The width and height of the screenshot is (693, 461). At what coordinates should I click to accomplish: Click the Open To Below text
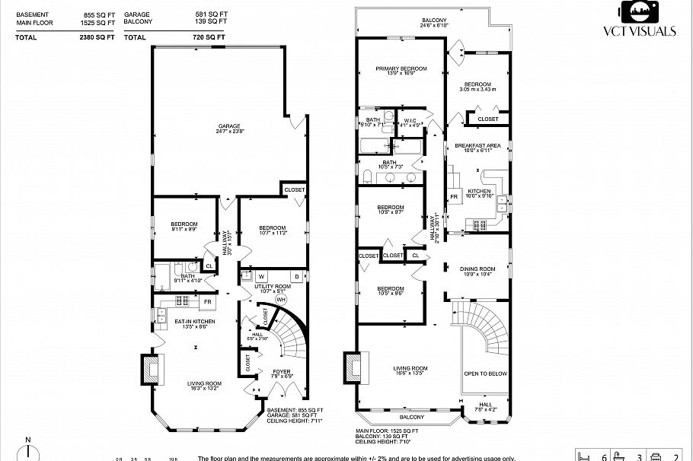coord(486,374)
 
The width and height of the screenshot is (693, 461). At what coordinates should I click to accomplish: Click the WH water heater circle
coord(280,300)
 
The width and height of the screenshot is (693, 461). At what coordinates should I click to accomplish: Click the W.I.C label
coord(410,122)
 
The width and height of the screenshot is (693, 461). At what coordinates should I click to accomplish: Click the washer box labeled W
coord(261,275)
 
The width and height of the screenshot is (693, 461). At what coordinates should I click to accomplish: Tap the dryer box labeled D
coord(297,275)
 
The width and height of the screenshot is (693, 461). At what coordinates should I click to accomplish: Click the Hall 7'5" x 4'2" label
coord(486,408)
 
